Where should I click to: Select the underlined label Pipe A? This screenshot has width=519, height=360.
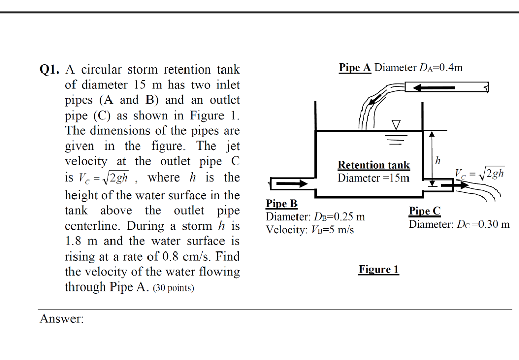(x=355, y=68)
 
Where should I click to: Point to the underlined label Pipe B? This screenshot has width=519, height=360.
(x=281, y=204)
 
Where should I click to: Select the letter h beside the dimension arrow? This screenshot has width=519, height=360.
(x=438, y=161)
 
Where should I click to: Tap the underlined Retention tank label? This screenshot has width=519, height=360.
(x=374, y=165)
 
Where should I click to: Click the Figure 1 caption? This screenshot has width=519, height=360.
(x=379, y=269)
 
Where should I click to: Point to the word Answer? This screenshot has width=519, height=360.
(x=61, y=319)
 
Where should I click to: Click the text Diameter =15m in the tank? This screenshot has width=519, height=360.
(x=374, y=178)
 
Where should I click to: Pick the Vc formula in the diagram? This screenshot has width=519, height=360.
(x=479, y=173)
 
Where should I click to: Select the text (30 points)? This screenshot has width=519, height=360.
(x=173, y=289)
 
